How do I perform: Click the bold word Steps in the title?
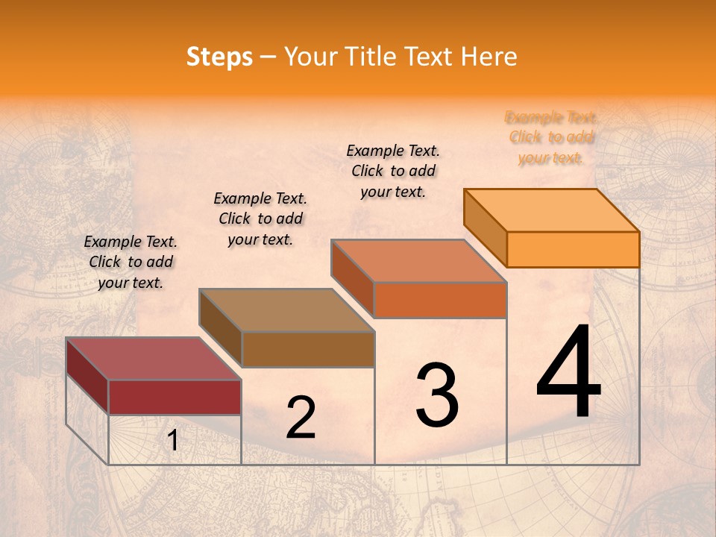tap(219, 57)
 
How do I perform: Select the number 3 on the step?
tap(437, 395)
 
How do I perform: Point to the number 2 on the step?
tap(301, 418)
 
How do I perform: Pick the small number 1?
tap(172, 441)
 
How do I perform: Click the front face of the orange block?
tap(573, 249)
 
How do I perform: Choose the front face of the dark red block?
tap(175, 397)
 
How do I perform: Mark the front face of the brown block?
tap(308, 349)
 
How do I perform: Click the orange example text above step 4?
tap(550, 138)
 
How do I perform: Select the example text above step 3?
tap(393, 171)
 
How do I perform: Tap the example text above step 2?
tap(260, 219)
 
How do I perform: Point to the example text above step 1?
tap(131, 262)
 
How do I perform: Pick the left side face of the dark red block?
tap(87, 374)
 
